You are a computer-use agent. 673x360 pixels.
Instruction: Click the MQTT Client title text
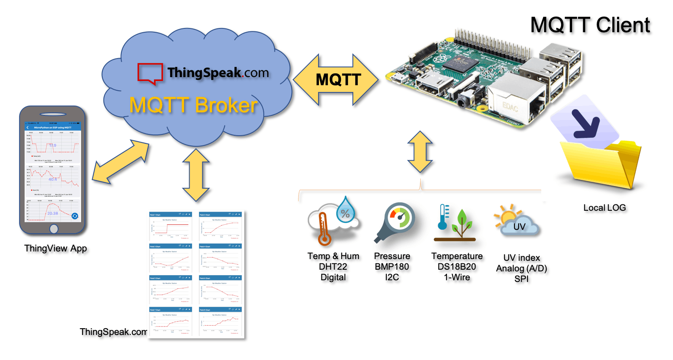coord(590,25)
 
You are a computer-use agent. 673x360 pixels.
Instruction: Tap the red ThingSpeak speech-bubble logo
coord(150,73)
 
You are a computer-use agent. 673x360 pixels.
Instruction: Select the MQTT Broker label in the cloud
coord(193,105)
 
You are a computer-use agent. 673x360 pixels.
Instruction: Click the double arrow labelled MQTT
coord(336,80)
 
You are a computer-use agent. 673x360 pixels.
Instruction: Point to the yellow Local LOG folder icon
coord(602,165)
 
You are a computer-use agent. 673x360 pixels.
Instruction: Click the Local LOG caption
coord(604,208)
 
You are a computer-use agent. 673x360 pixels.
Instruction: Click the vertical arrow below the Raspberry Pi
coord(420,151)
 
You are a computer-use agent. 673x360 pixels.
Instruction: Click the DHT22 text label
coord(333,267)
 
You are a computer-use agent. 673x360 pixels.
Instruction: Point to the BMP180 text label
coord(392,267)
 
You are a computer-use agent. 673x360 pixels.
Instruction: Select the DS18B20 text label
coord(457,267)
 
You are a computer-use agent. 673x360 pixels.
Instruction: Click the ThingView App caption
coord(56,248)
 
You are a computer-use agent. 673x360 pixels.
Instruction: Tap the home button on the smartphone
coord(54,229)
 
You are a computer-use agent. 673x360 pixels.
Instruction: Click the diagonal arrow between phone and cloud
coord(121,162)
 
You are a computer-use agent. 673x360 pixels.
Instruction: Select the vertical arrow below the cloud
coord(196,175)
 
